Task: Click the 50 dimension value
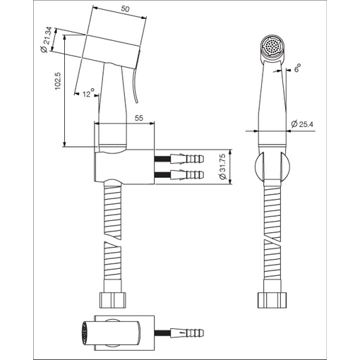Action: click(125, 9)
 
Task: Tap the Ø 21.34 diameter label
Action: click(46, 40)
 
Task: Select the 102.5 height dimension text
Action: click(58, 80)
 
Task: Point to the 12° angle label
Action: click(88, 93)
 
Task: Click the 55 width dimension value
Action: click(139, 118)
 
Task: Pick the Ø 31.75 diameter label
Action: click(222, 167)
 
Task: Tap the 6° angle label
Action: click(297, 68)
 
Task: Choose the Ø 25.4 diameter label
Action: click(302, 124)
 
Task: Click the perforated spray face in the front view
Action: click(273, 46)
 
